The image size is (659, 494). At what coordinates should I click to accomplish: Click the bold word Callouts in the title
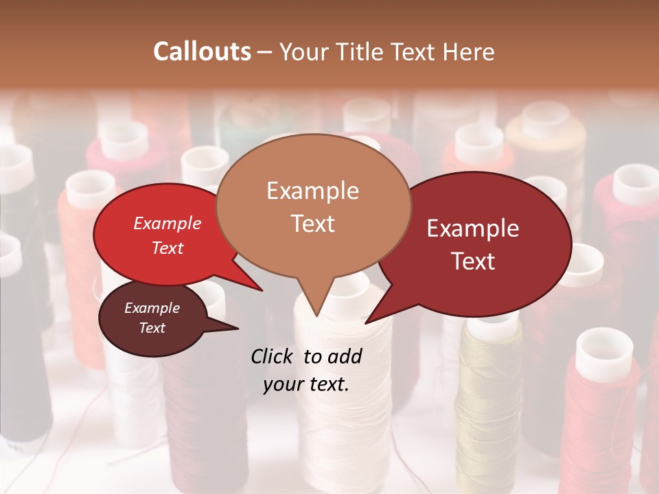pyautogui.click(x=202, y=51)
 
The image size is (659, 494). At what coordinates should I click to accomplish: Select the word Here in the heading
pyautogui.click(x=467, y=51)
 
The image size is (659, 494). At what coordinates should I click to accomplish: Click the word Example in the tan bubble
pyautogui.click(x=312, y=191)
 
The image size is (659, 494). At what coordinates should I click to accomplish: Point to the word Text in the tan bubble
pyautogui.click(x=312, y=223)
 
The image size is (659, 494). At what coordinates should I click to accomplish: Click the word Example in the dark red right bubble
pyautogui.click(x=473, y=228)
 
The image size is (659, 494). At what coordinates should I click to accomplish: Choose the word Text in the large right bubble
pyautogui.click(x=473, y=261)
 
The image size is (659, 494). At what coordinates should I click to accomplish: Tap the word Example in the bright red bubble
pyautogui.click(x=167, y=223)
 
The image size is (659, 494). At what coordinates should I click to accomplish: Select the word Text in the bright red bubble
pyautogui.click(x=167, y=248)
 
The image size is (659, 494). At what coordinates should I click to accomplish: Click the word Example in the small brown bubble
pyautogui.click(x=152, y=308)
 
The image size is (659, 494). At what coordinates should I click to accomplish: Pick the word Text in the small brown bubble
pyautogui.click(x=152, y=328)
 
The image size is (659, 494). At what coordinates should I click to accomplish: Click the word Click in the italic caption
pyautogui.click(x=273, y=356)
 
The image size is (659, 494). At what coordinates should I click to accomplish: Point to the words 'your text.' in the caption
pyautogui.click(x=306, y=385)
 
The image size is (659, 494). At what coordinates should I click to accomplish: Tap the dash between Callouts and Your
pyautogui.click(x=264, y=52)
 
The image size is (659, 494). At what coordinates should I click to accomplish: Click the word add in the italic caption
pyautogui.click(x=345, y=356)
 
